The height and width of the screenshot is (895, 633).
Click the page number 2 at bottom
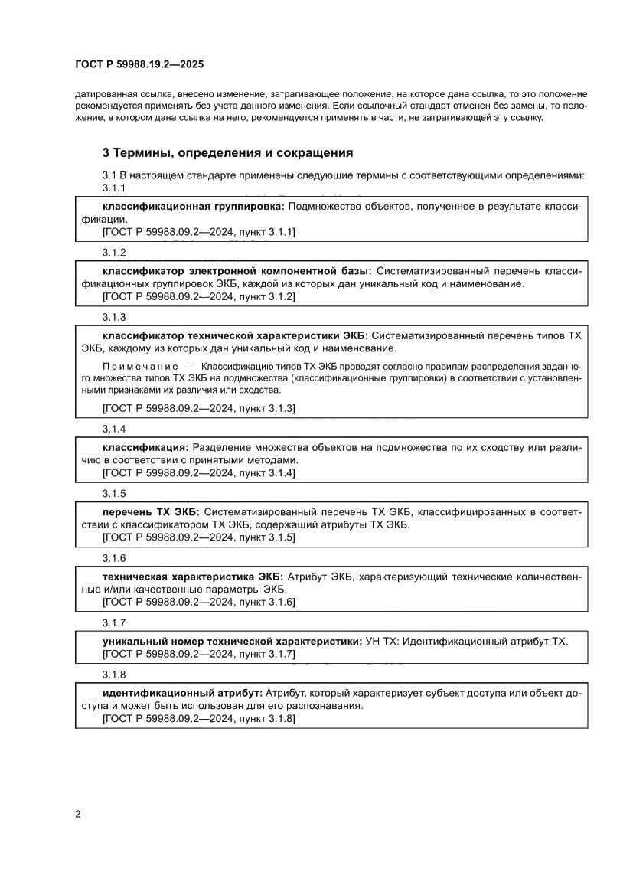[x=78, y=814]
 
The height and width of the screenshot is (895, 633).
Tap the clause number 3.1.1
[x=114, y=188]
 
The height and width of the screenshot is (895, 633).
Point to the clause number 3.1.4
[x=114, y=429]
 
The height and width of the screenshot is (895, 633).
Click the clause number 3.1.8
[x=114, y=675]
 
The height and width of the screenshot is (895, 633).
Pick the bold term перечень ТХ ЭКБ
[x=151, y=511]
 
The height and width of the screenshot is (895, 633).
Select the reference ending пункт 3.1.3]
[x=199, y=408]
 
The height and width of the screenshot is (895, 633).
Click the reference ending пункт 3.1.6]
[x=199, y=603]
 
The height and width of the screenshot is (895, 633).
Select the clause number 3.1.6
[x=114, y=557]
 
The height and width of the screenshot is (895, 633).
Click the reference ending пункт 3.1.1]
[x=199, y=231]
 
